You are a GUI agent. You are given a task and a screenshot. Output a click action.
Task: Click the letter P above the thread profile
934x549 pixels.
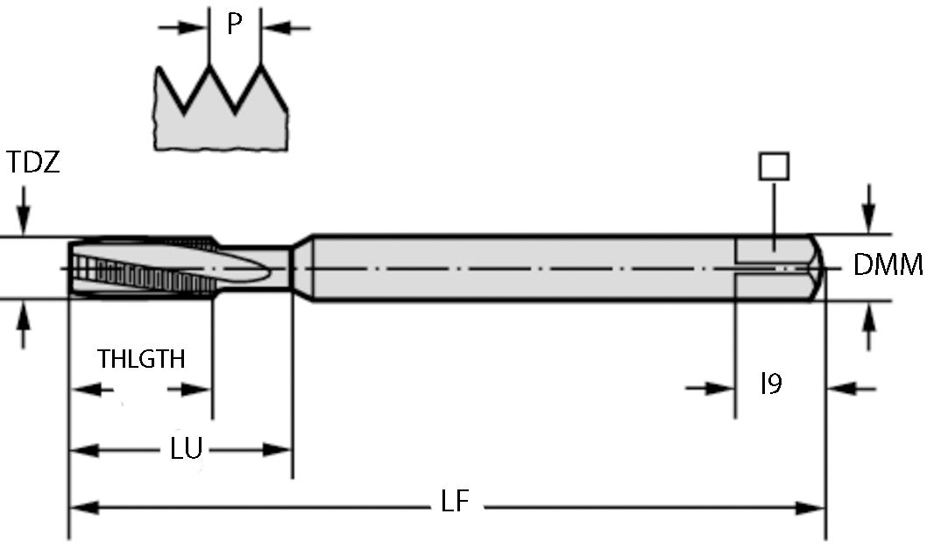tap(234, 24)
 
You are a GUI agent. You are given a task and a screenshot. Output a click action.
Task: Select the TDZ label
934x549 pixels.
tap(33, 162)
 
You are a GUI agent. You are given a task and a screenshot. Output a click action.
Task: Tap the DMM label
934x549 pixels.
tap(888, 265)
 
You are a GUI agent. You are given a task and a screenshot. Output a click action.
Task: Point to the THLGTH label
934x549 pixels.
tap(141, 358)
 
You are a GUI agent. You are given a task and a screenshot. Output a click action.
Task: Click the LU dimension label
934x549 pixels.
tap(186, 449)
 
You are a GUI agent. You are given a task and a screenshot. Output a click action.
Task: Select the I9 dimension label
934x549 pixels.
tap(770, 384)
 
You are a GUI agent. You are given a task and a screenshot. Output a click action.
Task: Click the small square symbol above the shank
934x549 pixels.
tap(775, 166)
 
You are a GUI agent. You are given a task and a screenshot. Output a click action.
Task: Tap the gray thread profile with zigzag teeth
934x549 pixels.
tap(222, 114)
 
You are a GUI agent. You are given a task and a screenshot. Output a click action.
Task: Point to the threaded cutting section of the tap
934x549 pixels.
tap(140, 267)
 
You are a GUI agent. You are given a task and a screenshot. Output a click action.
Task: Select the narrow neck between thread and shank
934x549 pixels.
tap(263, 267)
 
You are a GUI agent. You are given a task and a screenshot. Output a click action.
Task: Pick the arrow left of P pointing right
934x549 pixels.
tap(186, 28)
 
